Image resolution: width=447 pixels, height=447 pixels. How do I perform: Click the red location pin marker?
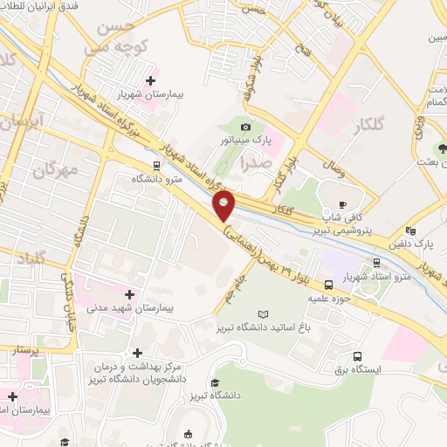click(x=224, y=206)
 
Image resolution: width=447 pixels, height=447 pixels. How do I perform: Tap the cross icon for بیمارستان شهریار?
click(x=150, y=80)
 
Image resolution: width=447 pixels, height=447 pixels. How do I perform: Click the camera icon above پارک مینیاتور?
click(x=245, y=127)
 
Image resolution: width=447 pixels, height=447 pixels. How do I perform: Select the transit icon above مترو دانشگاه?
click(x=155, y=165)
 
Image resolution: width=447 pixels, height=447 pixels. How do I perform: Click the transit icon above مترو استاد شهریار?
click(x=376, y=262)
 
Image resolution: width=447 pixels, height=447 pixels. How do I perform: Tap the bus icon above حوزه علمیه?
click(x=329, y=285)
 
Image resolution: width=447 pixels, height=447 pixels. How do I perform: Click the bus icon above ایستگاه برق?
click(x=358, y=356)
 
